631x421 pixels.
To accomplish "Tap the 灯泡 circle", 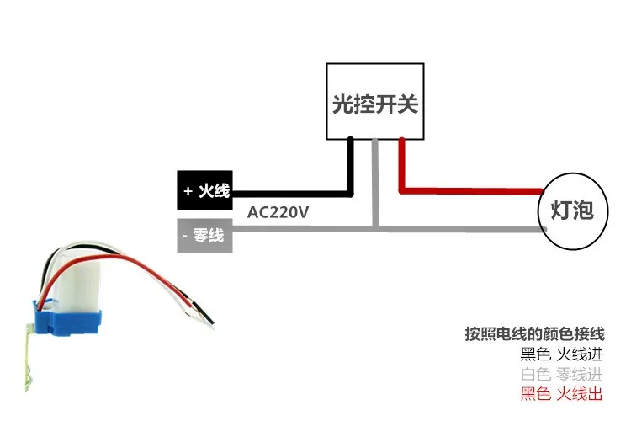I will (572, 209).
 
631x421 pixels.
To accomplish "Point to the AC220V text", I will (278, 212).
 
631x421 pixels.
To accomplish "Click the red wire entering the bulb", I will (471, 191).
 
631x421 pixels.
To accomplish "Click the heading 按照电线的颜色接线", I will (534, 333).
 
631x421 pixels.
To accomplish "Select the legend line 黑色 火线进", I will (561, 354).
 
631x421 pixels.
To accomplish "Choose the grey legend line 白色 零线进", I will (561, 374).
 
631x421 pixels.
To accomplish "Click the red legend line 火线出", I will (561, 394).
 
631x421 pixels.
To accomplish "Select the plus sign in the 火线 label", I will (188, 191).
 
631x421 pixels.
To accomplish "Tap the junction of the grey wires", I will (376, 226).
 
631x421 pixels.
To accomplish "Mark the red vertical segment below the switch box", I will (402, 164).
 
